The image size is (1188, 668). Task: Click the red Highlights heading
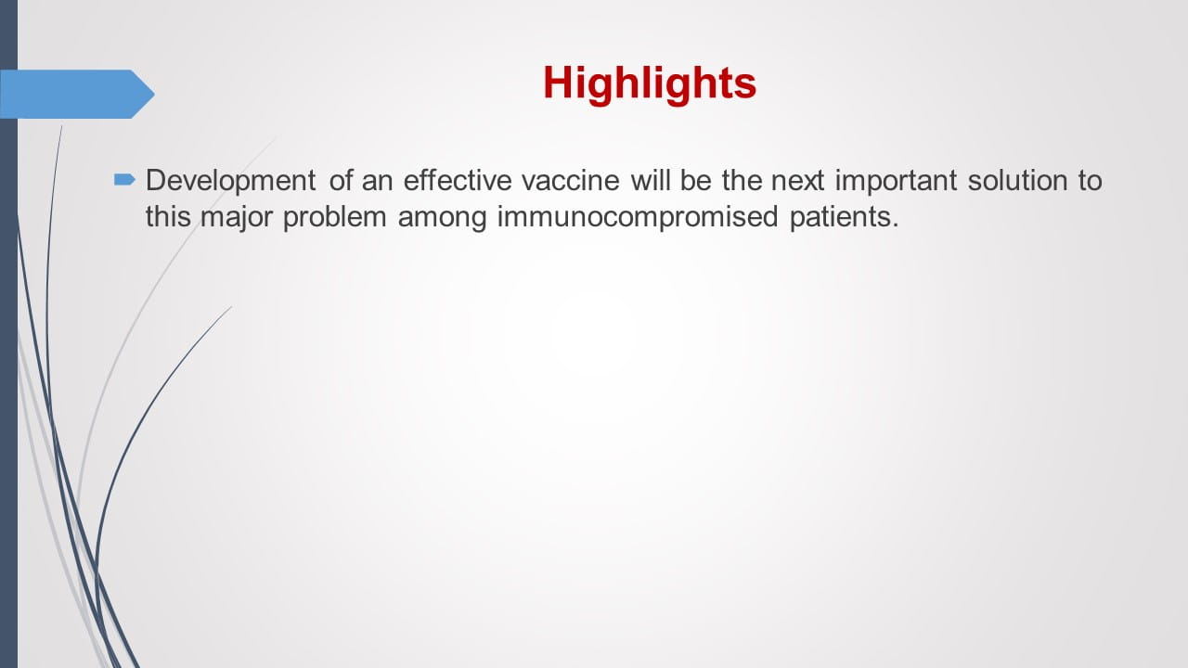(x=650, y=83)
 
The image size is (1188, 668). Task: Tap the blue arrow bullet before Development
(x=124, y=178)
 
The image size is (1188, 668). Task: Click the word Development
(x=230, y=180)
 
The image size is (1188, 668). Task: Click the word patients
(x=846, y=219)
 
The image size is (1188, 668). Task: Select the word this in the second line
(x=168, y=219)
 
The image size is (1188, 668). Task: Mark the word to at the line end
(x=1090, y=180)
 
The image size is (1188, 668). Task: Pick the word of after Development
(x=341, y=180)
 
